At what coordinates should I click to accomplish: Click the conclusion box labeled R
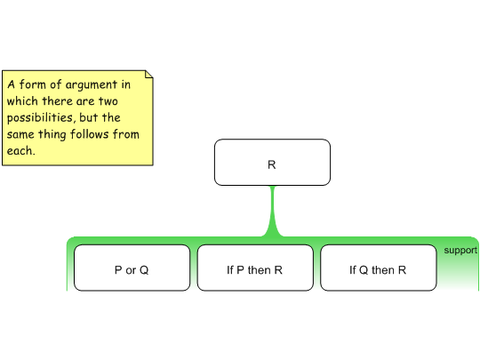click(272, 163)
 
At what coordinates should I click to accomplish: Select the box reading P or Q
click(132, 268)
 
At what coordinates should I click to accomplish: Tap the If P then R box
click(255, 268)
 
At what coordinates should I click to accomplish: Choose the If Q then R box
click(379, 268)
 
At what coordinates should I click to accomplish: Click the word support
click(460, 251)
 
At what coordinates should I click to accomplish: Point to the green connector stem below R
click(272, 212)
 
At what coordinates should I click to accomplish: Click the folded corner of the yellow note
click(148, 75)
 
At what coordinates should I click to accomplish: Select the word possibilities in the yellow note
click(39, 117)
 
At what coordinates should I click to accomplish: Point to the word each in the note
click(20, 150)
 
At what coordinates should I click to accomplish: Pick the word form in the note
click(33, 84)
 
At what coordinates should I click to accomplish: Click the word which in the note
click(22, 101)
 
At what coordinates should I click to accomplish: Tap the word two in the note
click(108, 101)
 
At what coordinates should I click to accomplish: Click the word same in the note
click(20, 135)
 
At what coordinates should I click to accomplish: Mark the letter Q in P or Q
click(144, 270)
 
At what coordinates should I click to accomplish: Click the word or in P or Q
click(131, 270)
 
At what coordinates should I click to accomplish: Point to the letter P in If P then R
click(240, 270)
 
